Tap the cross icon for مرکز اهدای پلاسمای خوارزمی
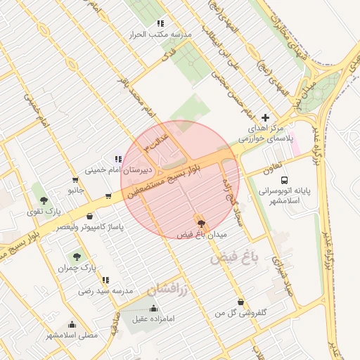[x=265, y=117]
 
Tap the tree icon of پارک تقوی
[x=44, y=200]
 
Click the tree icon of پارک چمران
[x=77, y=257]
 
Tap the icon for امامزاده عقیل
[x=154, y=308]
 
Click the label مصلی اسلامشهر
[x=72, y=335]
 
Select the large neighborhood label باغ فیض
[x=234, y=258]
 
